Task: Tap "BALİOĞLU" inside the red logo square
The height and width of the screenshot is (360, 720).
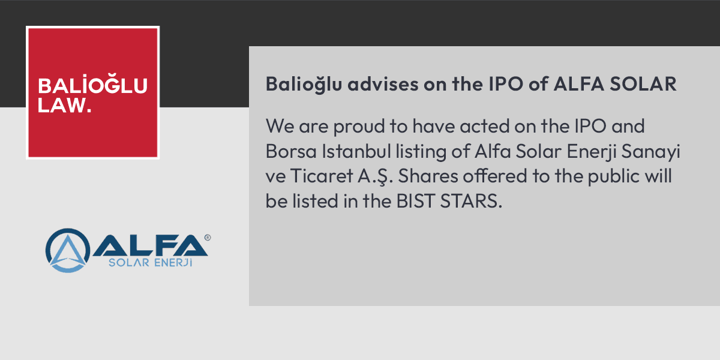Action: pyautogui.click(x=92, y=86)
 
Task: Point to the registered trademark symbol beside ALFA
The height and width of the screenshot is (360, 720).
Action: pyautogui.click(x=208, y=238)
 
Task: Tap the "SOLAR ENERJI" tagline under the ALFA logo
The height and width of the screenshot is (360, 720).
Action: pyautogui.click(x=149, y=263)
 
